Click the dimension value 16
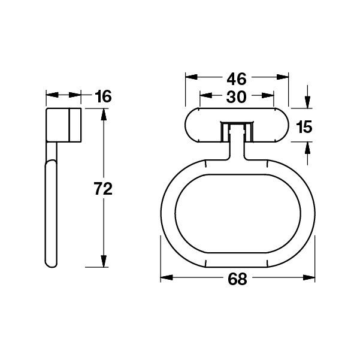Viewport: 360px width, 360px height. (102, 96)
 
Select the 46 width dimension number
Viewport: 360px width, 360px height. (237, 78)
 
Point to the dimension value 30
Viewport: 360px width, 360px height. (237, 96)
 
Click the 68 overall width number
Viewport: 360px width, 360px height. (238, 279)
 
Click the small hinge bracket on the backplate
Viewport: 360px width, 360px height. (237, 129)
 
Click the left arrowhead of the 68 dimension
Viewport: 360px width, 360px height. (165, 279)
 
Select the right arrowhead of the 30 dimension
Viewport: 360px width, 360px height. (270, 96)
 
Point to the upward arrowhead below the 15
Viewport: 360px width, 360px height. (307, 147)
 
